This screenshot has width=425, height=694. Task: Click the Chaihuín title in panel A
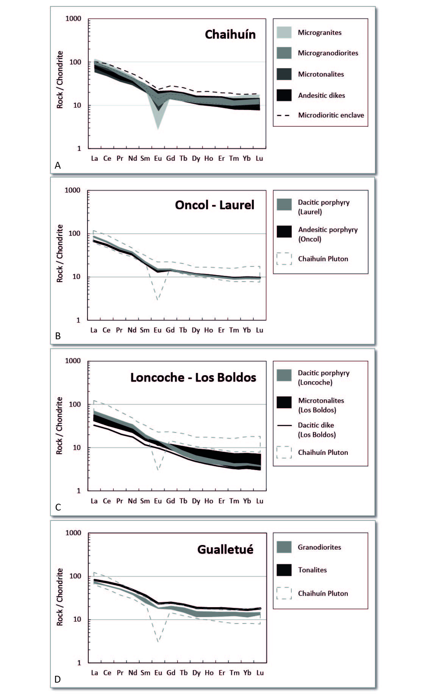click(x=230, y=34)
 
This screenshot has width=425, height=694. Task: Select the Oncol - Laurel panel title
click(x=214, y=205)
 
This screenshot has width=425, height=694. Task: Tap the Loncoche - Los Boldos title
click(x=193, y=378)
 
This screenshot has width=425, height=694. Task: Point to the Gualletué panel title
click(x=225, y=550)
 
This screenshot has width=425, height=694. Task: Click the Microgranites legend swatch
click(x=284, y=33)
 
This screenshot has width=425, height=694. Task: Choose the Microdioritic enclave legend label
click(x=331, y=115)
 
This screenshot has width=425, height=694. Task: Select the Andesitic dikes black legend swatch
click(x=284, y=95)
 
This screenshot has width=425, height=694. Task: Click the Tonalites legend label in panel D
click(x=312, y=570)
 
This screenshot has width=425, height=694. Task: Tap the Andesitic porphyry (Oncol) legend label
click(x=328, y=234)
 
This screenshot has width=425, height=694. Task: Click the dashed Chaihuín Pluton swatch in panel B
click(x=284, y=259)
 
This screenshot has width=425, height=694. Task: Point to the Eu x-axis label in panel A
click(x=158, y=158)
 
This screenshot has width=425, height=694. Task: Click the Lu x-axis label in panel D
click(x=260, y=672)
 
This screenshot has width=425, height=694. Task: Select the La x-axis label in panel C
click(x=94, y=501)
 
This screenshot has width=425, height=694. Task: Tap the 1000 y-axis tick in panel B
click(x=73, y=190)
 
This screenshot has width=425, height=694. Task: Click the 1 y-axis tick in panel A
click(x=79, y=149)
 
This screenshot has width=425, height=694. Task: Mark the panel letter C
click(x=58, y=507)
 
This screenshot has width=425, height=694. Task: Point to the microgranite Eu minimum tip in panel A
click(x=158, y=129)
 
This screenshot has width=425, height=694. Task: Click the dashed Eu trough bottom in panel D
click(x=158, y=641)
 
